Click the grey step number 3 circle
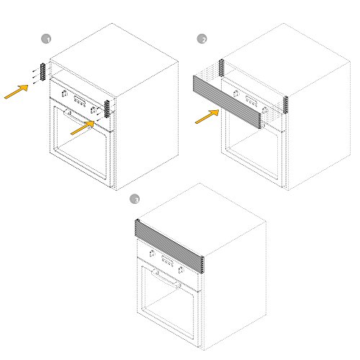(134, 199)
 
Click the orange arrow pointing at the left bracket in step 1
(17, 91)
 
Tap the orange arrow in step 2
(207, 116)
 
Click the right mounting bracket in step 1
(109, 108)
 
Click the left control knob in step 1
(66, 94)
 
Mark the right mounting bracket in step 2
(285, 104)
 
